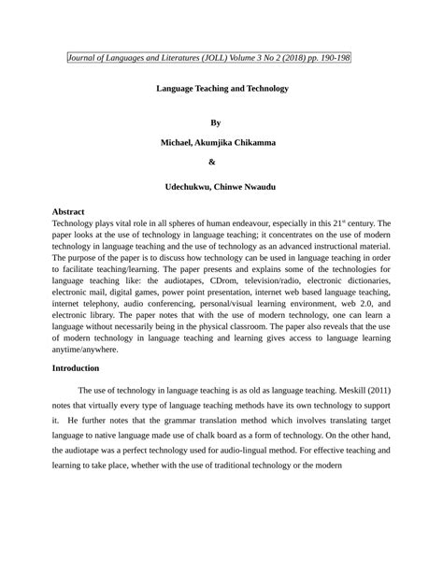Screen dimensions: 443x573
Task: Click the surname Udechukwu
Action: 193,187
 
